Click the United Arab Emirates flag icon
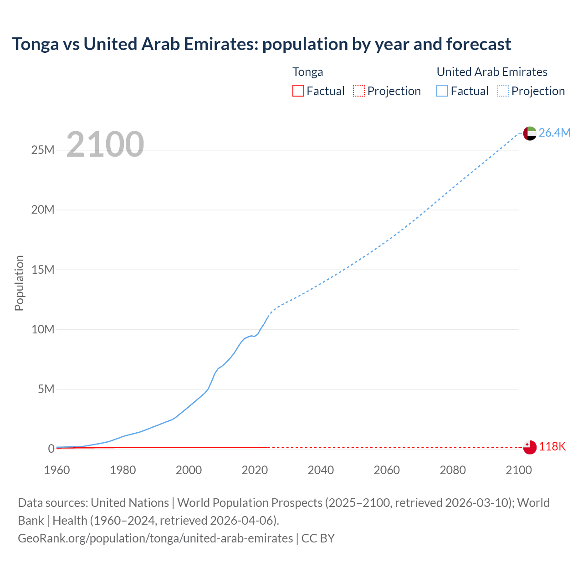pos(530,133)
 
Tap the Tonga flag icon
pos(530,447)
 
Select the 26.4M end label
pos(554,133)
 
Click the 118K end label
pos(552,447)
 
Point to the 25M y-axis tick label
pos(43,150)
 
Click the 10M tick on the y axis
pos(43,329)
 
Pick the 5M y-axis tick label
pos(46,389)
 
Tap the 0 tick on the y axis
pos(51,449)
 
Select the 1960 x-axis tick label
pos(57,470)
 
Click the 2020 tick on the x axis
pos(255,470)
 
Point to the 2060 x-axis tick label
pos(387,470)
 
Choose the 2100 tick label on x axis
pos(518,470)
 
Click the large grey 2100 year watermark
pos(105,144)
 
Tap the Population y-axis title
pos(19,283)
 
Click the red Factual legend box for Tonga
pos(298,91)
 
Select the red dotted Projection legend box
pos(359,91)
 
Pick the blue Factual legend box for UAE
pos(442,91)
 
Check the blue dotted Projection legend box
pos(503,91)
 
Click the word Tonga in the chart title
pos(36,44)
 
